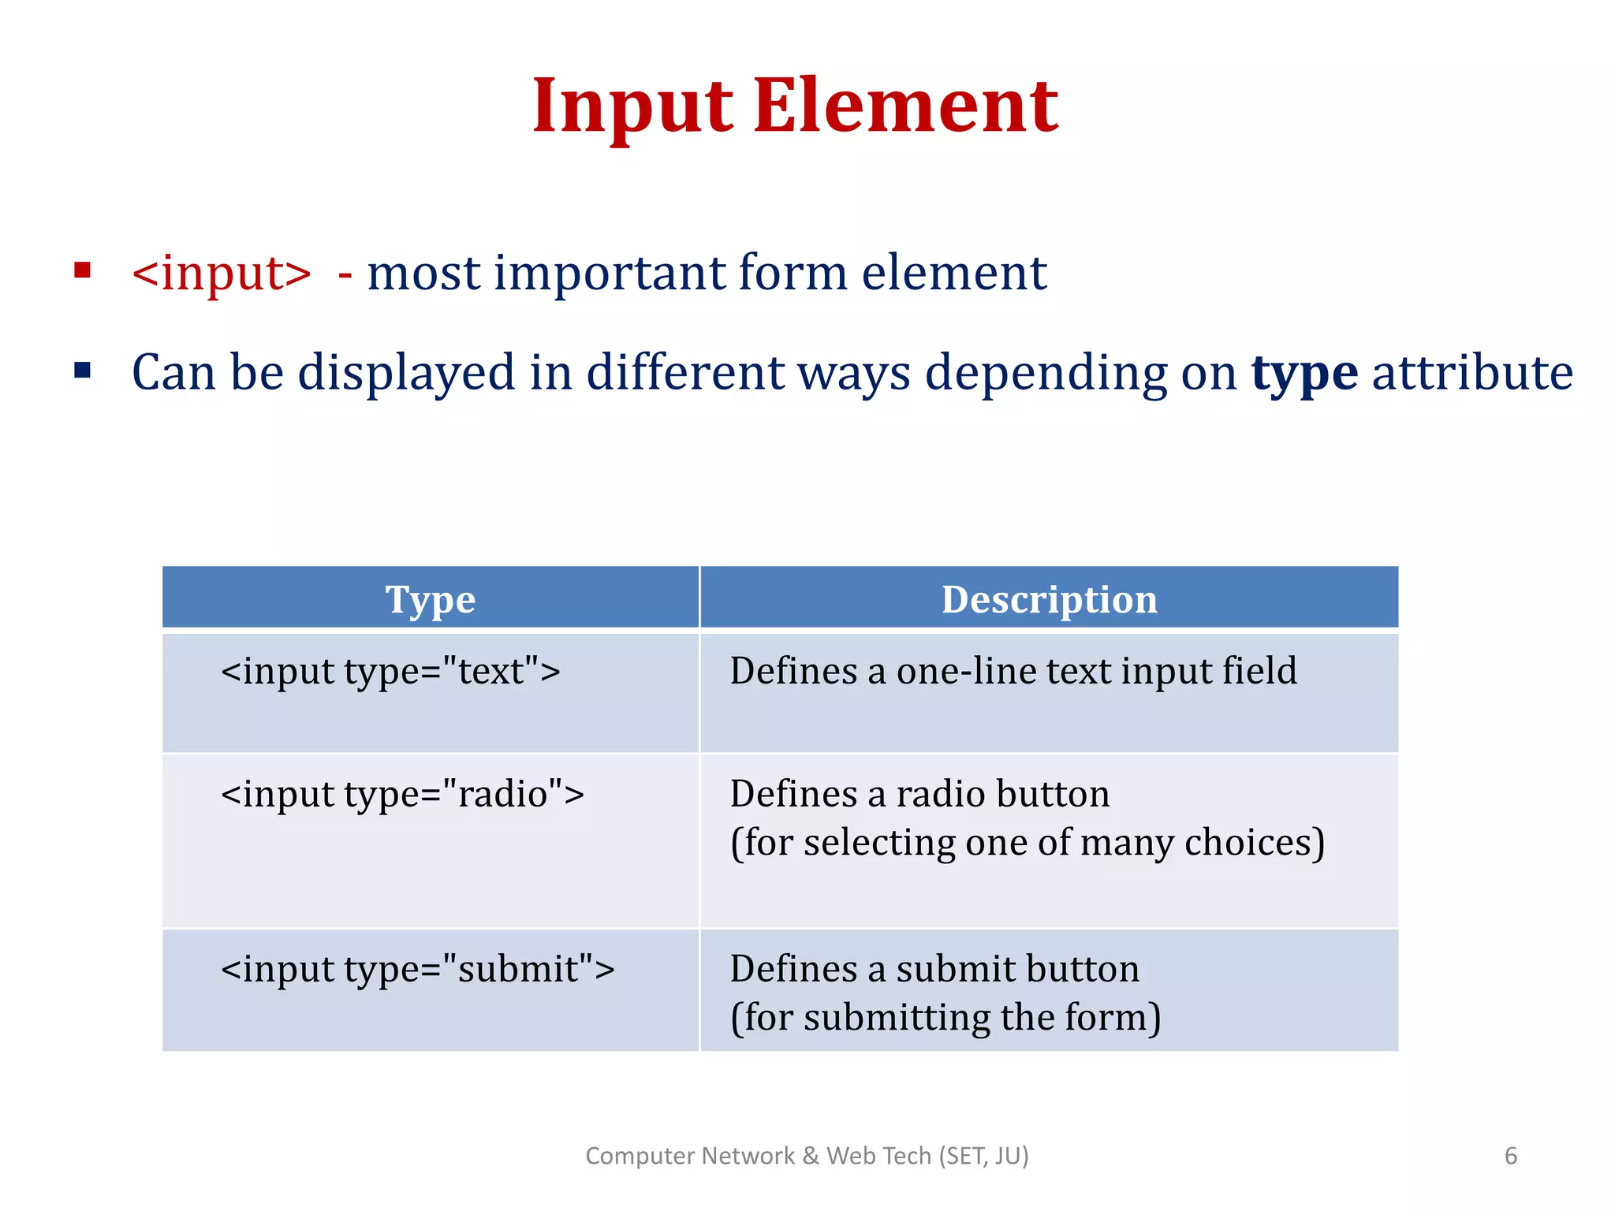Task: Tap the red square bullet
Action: pyautogui.click(x=83, y=271)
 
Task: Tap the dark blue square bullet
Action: pyautogui.click(x=83, y=370)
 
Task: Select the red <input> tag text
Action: pyautogui.click(x=222, y=274)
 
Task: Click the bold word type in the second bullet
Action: pyautogui.click(x=1304, y=372)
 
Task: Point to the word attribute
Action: pyautogui.click(x=1472, y=372)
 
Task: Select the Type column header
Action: pyautogui.click(x=431, y=599)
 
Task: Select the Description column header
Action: pyautogui.click(x=1049, y=599)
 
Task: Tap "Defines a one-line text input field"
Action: pyautogui.click(x=1013, y=672)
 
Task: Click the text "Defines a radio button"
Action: pyautogui.click(x=919, y=794)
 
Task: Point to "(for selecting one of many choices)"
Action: pyautogui.click(x=1027, y=843)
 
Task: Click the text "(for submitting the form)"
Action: pyautogui.click(x=945, y=1018)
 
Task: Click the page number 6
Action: pyautogui.click(x=1510, y=1156)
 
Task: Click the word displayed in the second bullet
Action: pyautogui.click(x=405, y=372)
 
